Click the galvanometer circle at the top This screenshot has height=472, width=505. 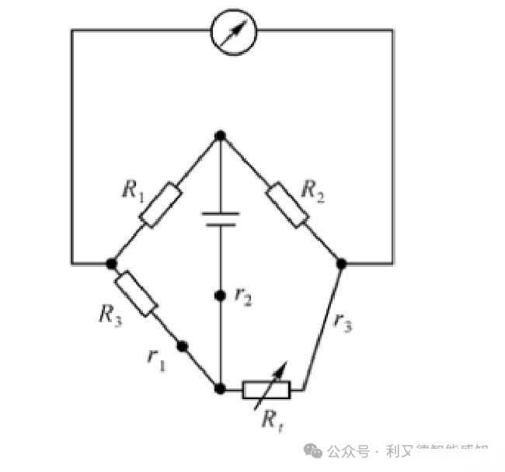pos(235,31)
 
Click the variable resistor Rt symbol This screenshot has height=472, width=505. pos(266,388)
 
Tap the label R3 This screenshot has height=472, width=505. pos(110,313)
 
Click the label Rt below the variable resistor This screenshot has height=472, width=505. pos(272,420)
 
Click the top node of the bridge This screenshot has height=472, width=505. pos(221,136)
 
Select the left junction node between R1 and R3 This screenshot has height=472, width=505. pos(111,263)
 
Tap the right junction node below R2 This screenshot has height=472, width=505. pos(340,263)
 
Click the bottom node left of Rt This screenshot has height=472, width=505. pos(221,388)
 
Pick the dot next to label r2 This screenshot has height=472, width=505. pos(221,295)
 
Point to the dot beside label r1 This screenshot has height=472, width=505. pos(183,346)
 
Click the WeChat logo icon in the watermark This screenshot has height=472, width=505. pos(314,450)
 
